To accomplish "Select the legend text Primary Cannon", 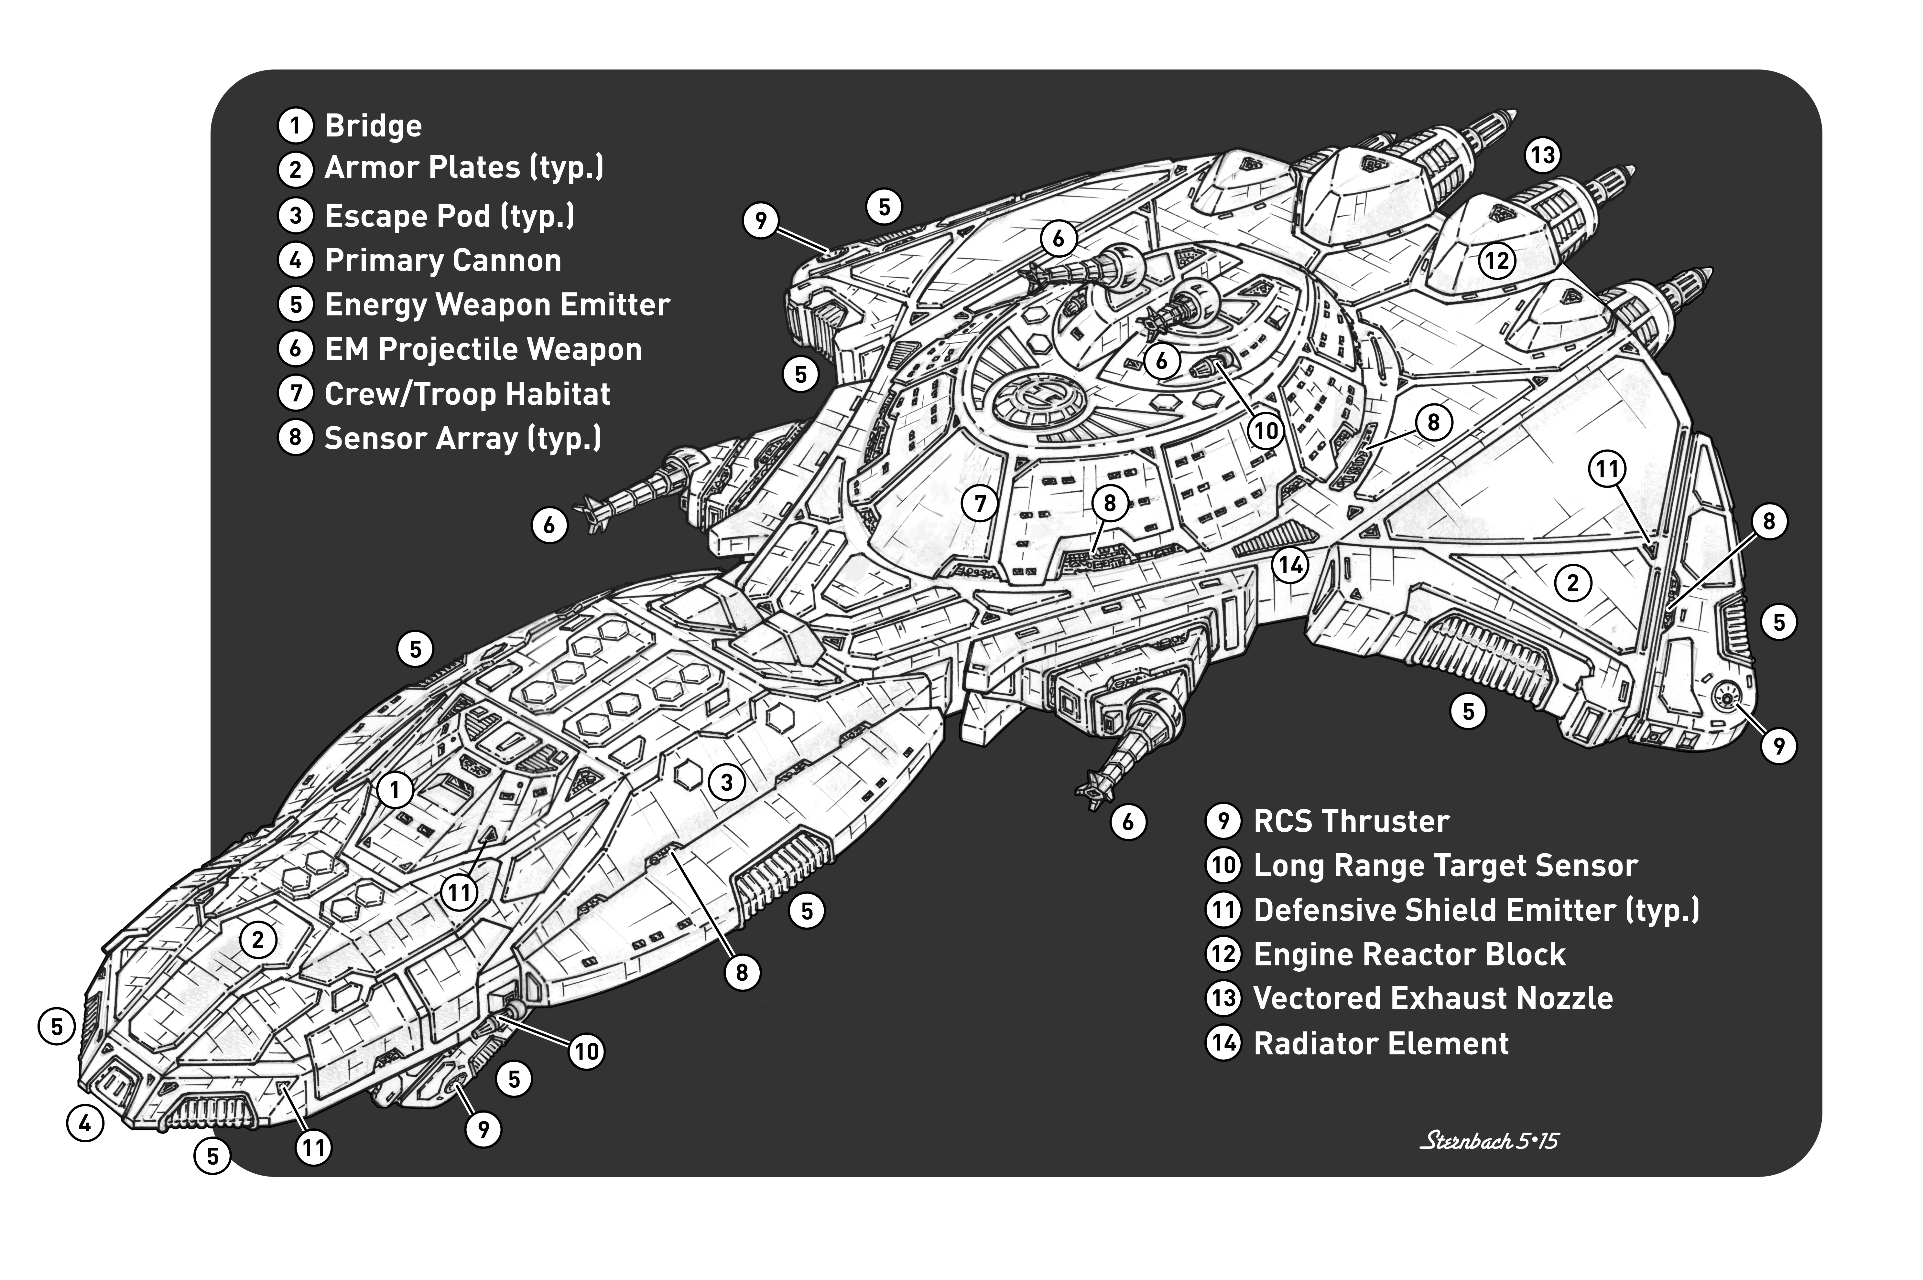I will point(442,261).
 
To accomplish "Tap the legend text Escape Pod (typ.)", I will point(449,216).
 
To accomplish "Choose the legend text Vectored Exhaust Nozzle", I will point(1432,998).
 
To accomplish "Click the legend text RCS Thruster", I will point(1351,821).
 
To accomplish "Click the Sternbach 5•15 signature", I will point(1489,1140).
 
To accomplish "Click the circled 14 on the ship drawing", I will point(1290,565).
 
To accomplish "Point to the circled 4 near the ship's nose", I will point(85,1124).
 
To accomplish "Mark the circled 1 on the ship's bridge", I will point(395,789).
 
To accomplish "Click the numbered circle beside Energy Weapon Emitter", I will point(296,304).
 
